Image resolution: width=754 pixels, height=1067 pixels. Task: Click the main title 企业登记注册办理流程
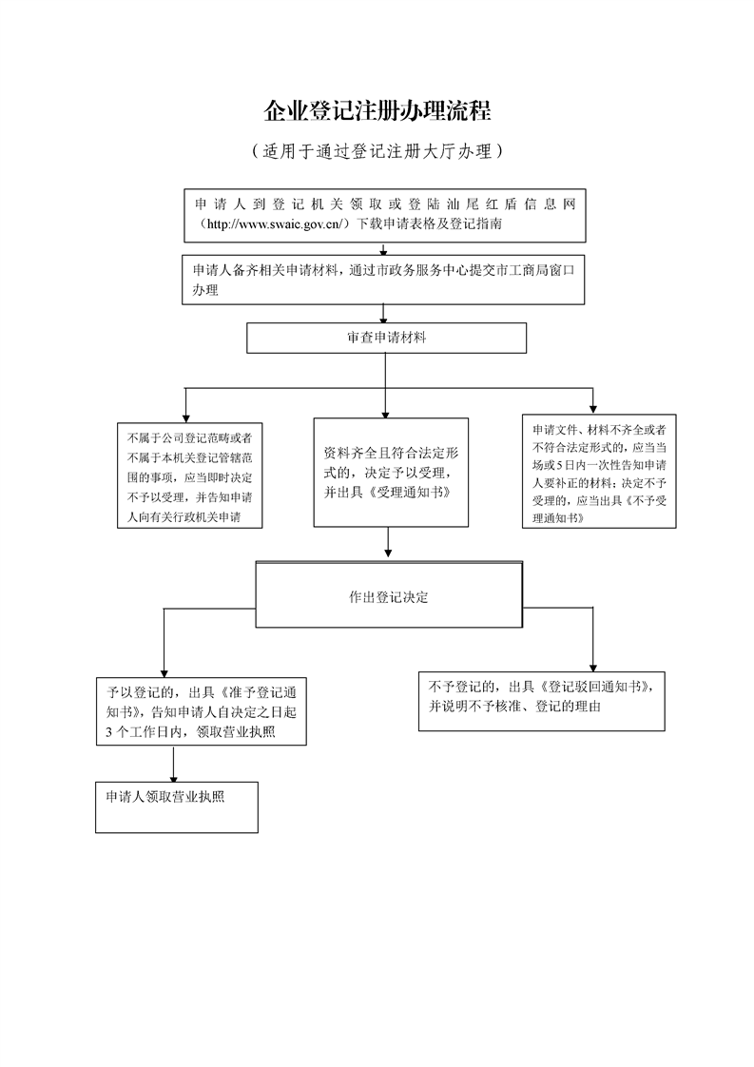377,111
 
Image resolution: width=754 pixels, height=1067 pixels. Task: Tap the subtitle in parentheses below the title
377,151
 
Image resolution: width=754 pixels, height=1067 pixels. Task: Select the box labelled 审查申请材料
386,338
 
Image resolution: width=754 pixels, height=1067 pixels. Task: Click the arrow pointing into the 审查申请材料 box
383,316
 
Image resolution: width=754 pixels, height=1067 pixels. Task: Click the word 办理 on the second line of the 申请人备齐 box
205,290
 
